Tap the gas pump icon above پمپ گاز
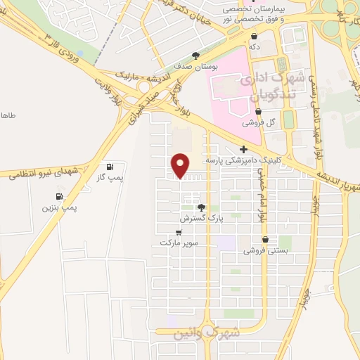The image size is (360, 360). pyautogui.click(x=110, y=167)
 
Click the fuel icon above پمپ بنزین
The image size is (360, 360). pyautogui.click(x=58, y=196)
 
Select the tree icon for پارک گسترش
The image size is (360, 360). pyautogui.click(x=202, y=207)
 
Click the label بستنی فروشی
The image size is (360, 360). pyautogui.click(x=264, y=250)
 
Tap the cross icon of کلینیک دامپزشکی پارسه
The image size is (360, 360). pyautogui.click(x=243, y=150)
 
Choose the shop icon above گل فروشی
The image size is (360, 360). pyautogui.click(x=259, y=111)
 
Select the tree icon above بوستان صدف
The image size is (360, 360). pyautogui.click(x=195, y=55)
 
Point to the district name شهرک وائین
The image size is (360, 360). pyautogui.click(x=207, y=331)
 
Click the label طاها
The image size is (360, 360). pyautogui.click(x=7, y=115)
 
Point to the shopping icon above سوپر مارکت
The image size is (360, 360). pyautogui.click(x=179, y=232)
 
